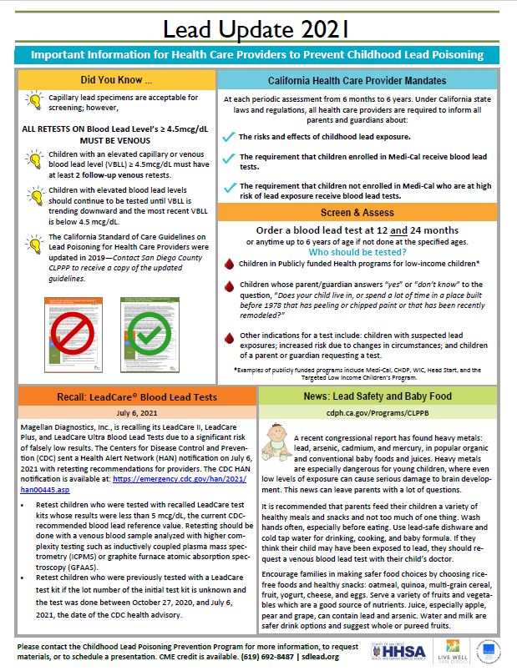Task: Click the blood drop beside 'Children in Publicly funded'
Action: pos(230,265)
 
